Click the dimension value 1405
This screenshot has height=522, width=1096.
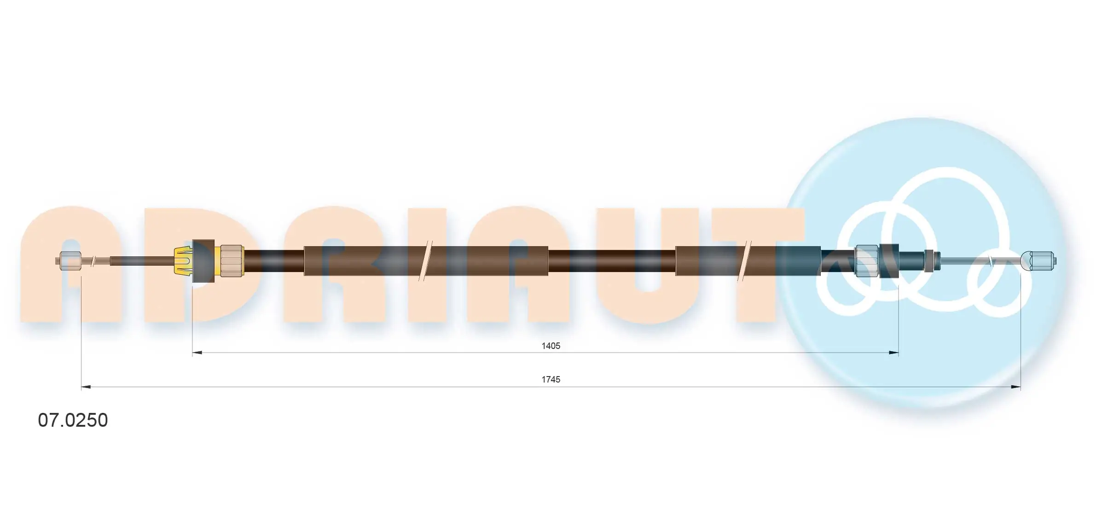click(x=551, y=346)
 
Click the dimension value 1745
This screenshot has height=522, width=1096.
click(x=551, y=379)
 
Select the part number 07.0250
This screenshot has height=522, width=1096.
click(x=73, y=420)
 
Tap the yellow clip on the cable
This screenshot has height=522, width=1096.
click(x=183, y=261)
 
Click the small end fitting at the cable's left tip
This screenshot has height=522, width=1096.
click(x=70, y=261)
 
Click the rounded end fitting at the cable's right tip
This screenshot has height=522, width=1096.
click(x=1038, y=261)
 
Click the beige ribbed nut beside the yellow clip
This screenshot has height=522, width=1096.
click(x=232, y=261)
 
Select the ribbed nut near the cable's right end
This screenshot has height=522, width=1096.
click(x=866, y=261)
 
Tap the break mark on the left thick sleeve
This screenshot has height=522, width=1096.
click(x=424, y=261)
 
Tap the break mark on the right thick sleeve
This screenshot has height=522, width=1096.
click(x=744, y=261)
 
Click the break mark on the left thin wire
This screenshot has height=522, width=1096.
click(x=94, y=261)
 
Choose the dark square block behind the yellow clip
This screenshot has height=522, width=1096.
click(x=203, y=261)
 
